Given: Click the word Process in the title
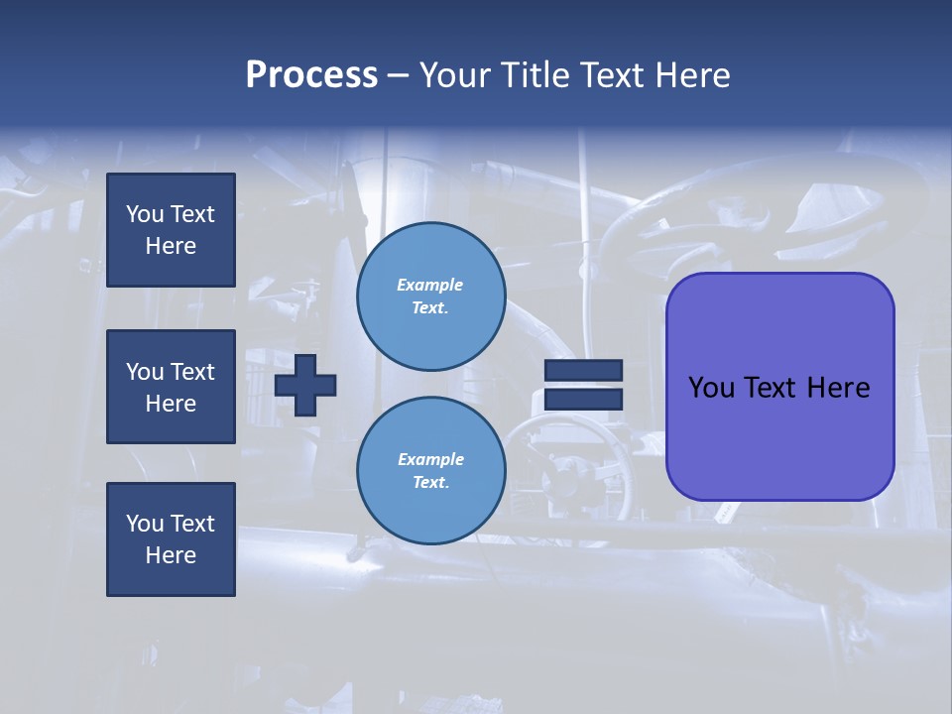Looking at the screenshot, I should coord(311,75).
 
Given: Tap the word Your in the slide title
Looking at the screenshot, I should coord(456,75).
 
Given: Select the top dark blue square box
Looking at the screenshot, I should coord(171,230).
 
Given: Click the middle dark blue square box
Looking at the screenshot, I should coord(171,387).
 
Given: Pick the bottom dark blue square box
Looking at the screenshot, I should coord(171,539).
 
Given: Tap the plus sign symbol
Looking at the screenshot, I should coord(305,386).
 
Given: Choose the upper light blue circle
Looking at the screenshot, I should coord(431,297).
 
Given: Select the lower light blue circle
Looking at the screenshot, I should coord(431,471).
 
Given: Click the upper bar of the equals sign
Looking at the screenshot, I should coord(584,370).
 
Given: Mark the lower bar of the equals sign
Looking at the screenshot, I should coord(584,400).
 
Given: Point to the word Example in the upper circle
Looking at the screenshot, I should coord(430,285).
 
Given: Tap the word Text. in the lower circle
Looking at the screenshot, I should coord(430,483).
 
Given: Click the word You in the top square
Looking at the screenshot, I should coord(145,214).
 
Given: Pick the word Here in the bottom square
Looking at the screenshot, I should coord(171,555).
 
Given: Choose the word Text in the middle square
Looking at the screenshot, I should coord(192,372).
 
